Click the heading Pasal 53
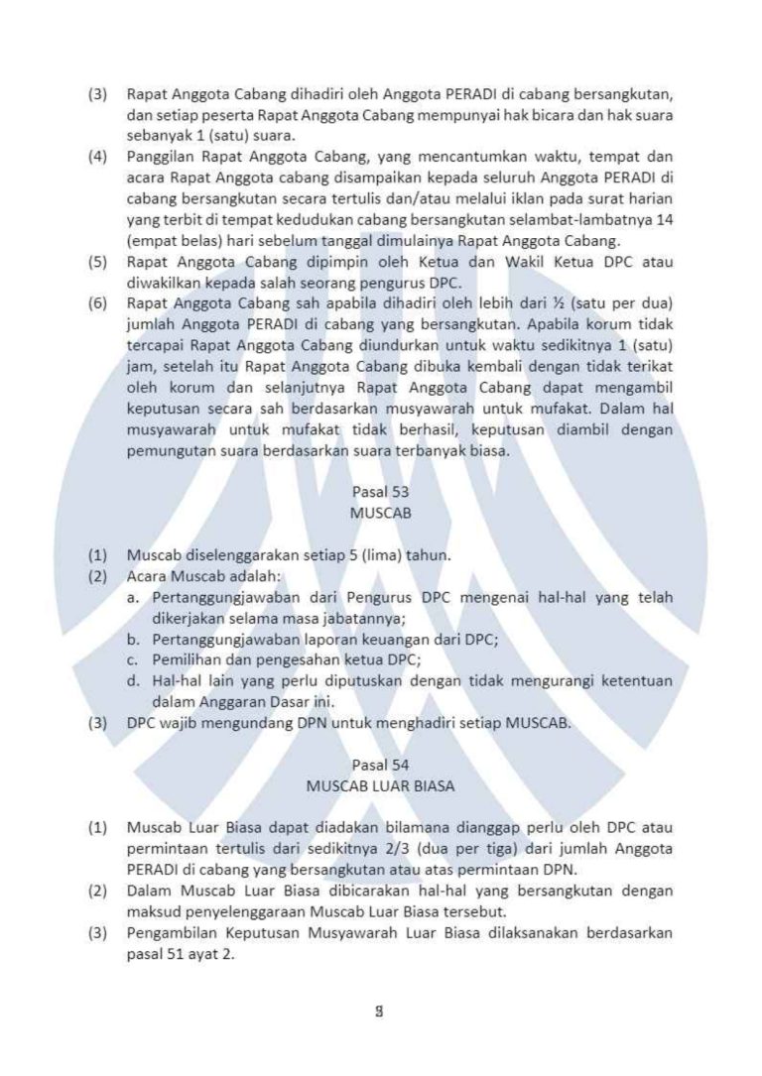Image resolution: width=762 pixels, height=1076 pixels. click(380, 491)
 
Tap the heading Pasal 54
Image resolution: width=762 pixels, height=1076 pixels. click(380, 765)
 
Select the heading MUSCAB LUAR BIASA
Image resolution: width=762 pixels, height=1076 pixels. click(380, 786)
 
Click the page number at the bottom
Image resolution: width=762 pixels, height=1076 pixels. click(380, 1013)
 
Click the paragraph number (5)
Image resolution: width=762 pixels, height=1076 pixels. click(97, 262)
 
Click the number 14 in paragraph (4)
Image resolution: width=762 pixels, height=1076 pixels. click(665, 219)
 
